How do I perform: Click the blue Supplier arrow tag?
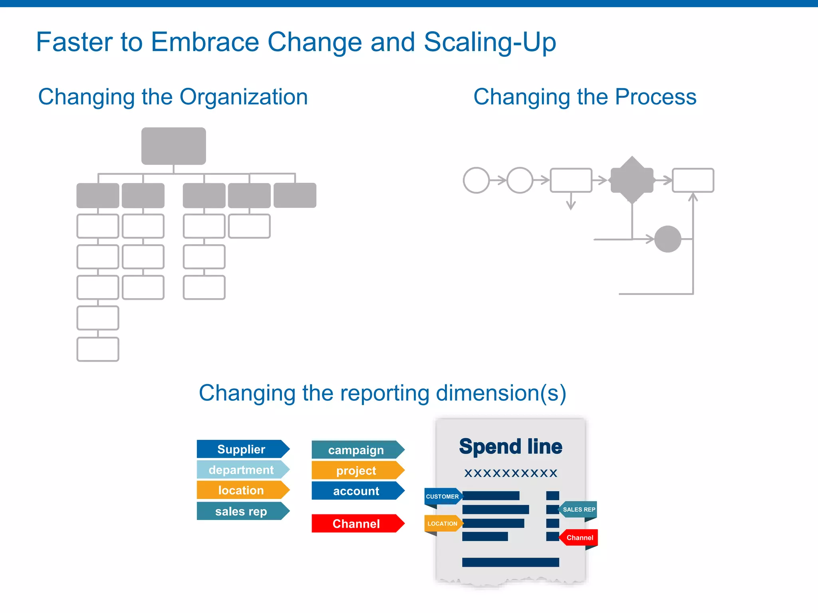pyautogui.click(x=241, y=449)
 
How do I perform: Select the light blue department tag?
pyautogui.click(x=241, y=470)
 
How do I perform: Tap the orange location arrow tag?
pyautogui.click(x=241, y=490)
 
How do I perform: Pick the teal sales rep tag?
pyautogui.click(x=241, y=511)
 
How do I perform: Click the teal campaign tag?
pyautogui.click(x=356, y=450)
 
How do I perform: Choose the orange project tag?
pyautogui.click(x=356, y=471)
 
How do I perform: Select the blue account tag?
pyautogui.click(x=356, y=491)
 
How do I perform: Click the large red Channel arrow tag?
pyautogui.click(x=356, y=524)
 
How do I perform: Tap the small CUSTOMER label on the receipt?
pyautogui.click(x=443, y=496)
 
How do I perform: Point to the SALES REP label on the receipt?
pyautogui.click(x=578, y=510)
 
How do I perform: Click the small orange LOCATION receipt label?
pyautogui.click(x=443, y=524)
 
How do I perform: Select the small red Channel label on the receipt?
pyautogui.click(x=580, y=538)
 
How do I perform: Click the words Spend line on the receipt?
pyautogui.click(x=510, y=447)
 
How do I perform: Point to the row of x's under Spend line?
pyautogui.click(x=510, y=473)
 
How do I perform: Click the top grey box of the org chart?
pyautogui.click(x=174, y=146)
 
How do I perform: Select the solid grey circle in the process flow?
pyautogui.click(x=667, y=239)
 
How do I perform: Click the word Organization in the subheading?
pyautogui.click(x=244, y=97)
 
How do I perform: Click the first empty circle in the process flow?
pyautogui.click(x=476, y=180)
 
